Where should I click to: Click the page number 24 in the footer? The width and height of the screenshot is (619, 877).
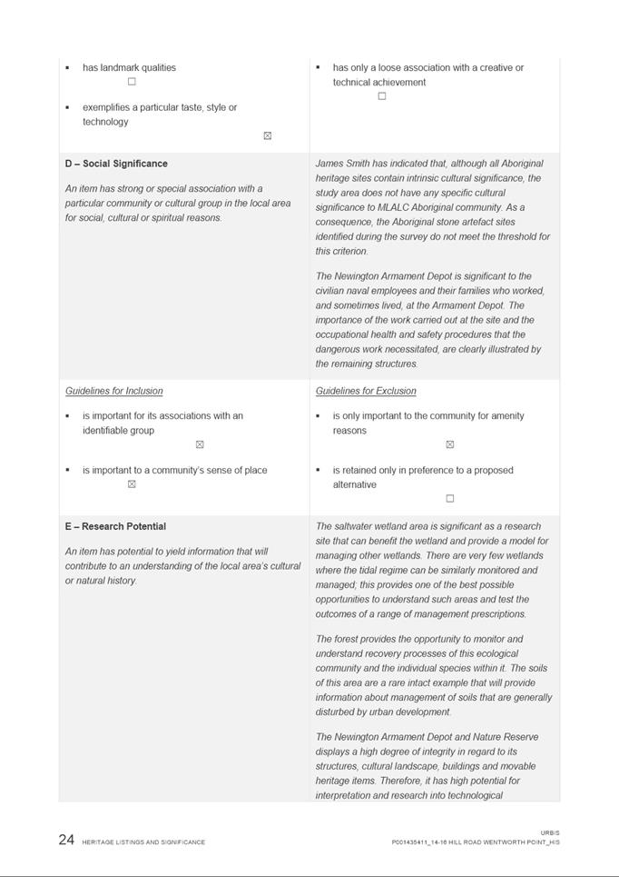pyautogui.click(x=66, y=840)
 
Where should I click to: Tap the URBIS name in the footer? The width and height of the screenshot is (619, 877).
pyautogui.click(x=550, y=832)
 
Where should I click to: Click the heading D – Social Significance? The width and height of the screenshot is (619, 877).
pyautogui.click(x=116, y=164)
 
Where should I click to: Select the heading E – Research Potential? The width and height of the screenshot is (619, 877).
pyautogui.click(x=115, y=526)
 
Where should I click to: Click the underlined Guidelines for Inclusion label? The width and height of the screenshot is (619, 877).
pyautogui.click(x=114, y=391)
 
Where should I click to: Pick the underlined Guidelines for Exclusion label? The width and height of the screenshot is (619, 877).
pyautogui.click(x=366, y=391)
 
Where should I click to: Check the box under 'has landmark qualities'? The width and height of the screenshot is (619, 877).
pyautogui.click(x=132, y=82)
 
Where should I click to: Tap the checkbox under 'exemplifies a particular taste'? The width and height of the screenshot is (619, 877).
pyautogui.click(x=267, y=135)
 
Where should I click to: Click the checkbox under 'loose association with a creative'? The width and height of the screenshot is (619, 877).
pyautogui.click(x=381, y=96)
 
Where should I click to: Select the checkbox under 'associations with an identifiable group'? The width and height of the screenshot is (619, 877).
pyautogui.click(x=200, y=444)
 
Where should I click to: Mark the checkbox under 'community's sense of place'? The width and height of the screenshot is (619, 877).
pyautogui.click(x=132, y=484)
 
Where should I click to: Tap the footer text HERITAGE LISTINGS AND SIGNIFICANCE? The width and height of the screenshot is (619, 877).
pyautogui.click(x=143, y=842)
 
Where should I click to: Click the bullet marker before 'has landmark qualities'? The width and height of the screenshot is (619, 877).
pyautogui.click(x=67, y=68)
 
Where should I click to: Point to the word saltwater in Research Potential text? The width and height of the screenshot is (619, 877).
pyautogui.click(x=357, y=526)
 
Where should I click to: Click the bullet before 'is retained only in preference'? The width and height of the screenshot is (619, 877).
pyautogui.click(x=318, y=471)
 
